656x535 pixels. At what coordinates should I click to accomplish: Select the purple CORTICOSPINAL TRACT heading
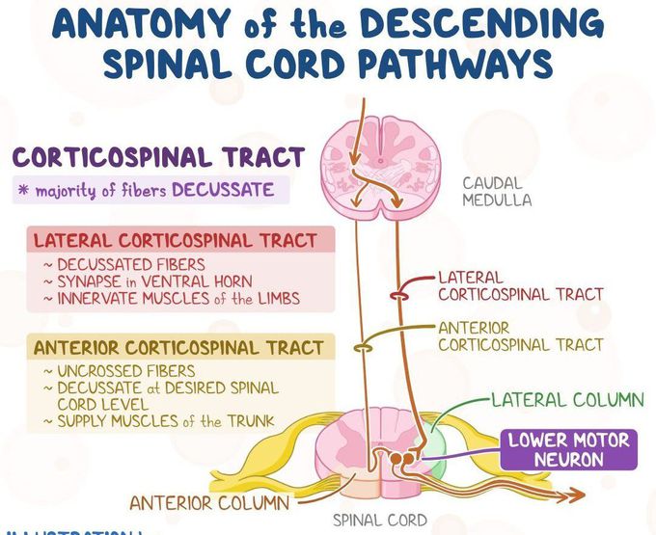158,157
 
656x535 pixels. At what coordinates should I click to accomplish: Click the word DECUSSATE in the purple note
223,190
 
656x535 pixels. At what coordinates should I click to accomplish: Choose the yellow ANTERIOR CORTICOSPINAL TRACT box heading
178,347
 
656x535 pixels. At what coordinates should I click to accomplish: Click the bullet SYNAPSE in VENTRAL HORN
154,281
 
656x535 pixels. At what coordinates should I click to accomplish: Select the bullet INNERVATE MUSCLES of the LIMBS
178,298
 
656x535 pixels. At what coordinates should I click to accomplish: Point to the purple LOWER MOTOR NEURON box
568,449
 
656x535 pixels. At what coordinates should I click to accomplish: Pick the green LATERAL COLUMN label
567,399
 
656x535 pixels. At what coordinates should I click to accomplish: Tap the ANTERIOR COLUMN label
208,502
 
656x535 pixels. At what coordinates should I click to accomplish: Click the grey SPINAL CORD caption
379,521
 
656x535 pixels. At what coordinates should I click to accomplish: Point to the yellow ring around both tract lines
365,346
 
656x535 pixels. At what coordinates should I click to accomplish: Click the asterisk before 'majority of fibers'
21,190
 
